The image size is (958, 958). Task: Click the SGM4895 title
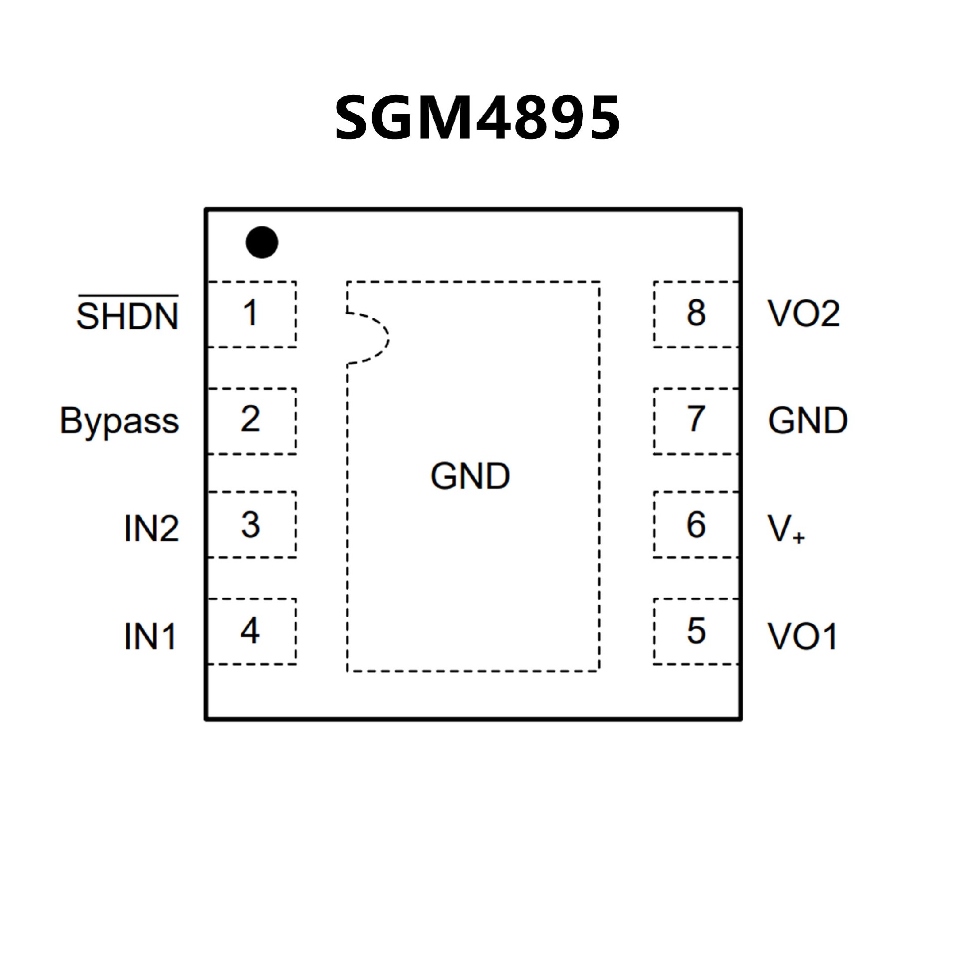pyautogui.click(x=478, y=118)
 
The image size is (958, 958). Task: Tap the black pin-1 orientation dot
pyautogui.click(x=262, y=242)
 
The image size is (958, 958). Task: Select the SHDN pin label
pyautogui.click(x=128, y=315)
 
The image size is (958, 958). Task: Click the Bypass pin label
pyautogui.click(x=119, y=421)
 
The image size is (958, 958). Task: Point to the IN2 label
pyautogui.click(x=151, y=528)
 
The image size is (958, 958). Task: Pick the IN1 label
pyautogui.click(x=150, y=636)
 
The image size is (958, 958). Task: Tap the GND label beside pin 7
pyautogui.click(x=807, y=421)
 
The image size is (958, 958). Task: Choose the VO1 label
pyautogui.click(x=802, y=636)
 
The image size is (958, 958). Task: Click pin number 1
pyautogui.click(x=250, y=313)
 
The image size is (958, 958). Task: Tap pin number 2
pyautogui.click(x=250, y=419)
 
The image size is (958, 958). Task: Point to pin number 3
pyautogui.click(x=250, y=525)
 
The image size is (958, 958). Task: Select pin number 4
pyautogui.click(x=250, y=631)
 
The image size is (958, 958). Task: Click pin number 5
pyautogui.click(x=696, y=631)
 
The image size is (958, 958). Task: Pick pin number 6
pyautogui.click(x=696, y=525)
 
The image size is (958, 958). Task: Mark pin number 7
pyautogui.click(x=696, y=419)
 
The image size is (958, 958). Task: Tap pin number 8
pyautogui.click(x=696, y=313)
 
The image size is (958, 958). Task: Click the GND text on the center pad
pyautogui.click(x=470, y=476)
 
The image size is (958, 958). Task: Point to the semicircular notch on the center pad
pyautogui.click(x=369, y=338)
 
